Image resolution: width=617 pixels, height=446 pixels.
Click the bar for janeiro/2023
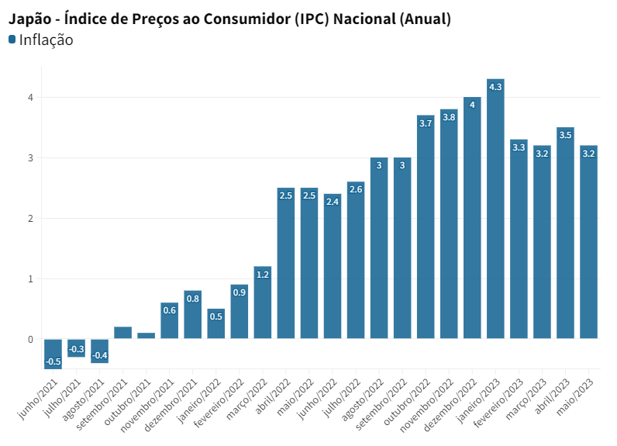[x=495, y=209]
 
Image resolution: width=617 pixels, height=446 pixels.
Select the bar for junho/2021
[x=53, y=354]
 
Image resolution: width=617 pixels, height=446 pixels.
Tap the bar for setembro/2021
[x=122, y=333]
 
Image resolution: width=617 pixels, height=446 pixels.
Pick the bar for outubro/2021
[x=146, y=336]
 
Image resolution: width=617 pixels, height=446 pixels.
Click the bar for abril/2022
[x=286, y=264]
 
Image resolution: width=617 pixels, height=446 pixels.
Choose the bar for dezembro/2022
[x=472, y=218]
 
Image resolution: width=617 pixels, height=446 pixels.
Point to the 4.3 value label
[x=495, y=87]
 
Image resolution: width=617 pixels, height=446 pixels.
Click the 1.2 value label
[x=263, y=275]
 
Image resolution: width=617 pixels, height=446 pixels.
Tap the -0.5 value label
[x=53, y=361]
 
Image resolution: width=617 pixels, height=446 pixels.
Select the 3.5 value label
[x=565, y=135]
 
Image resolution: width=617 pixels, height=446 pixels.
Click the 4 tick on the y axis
[x=30, y=97]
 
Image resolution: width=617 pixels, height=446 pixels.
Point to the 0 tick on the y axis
[x=30, y=339]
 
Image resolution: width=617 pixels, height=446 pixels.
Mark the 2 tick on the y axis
[x=30, y=218]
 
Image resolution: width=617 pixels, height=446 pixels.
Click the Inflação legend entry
[x=45, y=40]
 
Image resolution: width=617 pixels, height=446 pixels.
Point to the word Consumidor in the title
[x=246, y=18]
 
